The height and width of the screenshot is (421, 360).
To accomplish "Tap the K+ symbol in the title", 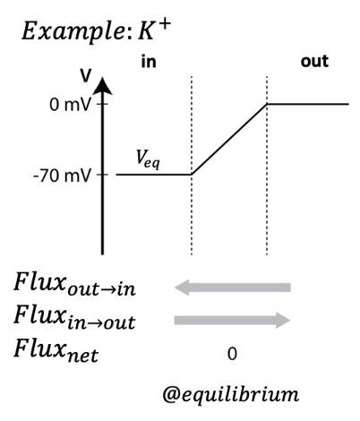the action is [x=154, y=30].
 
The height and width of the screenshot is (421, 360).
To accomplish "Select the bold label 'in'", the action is [x=149, y=62].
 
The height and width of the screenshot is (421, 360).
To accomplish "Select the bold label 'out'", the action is [x=314, y=62].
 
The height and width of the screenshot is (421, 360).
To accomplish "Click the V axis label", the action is [x=86, y=76].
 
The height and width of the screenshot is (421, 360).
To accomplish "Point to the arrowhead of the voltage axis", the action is [x=103, y=86].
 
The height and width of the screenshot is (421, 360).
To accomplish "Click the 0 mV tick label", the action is [x=70, y=105].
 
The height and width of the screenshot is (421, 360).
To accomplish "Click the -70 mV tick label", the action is [x=62, y=176].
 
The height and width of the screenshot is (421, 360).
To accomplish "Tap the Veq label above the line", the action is [x=148, y=159].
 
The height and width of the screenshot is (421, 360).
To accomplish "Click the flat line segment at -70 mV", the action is [x=154, y=175].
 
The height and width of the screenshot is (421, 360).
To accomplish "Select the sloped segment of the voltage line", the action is [x=229, y=139].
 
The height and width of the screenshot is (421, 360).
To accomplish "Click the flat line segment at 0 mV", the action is [x=308, y=104].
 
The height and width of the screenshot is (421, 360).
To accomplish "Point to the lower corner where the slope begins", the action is [x=192, y=174].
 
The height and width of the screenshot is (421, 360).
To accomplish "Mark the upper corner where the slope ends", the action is [x=267, y=104].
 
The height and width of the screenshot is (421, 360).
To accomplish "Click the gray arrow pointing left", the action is [x=233, y=288].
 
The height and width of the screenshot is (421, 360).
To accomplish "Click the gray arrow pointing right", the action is [x=233, y=321].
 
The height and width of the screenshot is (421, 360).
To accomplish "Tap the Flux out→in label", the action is [x=74, y=284].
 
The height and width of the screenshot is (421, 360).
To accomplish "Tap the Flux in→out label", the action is [x=74, y=317].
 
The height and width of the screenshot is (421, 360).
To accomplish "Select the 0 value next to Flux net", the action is [x=232, y=354].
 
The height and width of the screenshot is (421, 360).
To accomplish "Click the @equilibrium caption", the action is [x=231, y=395].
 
